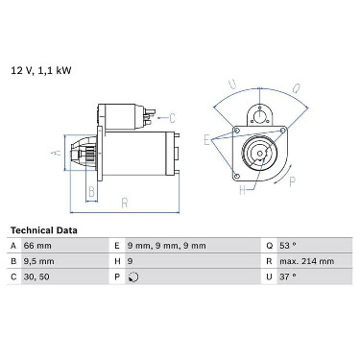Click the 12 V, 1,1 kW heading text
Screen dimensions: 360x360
coord(41,70)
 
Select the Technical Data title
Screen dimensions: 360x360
coord(44,230)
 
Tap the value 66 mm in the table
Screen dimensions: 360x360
coord(37,246)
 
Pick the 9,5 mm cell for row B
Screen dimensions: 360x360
coord(38,261)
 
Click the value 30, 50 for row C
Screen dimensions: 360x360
coord(36,276)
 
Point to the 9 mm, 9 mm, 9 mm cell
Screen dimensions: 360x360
coord(166,246)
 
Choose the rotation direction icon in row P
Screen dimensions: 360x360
coord(133,277)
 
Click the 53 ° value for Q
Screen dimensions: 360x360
coord(288,246)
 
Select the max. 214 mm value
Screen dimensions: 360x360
coord(306,261)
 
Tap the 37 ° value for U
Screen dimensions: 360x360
coord(288,276)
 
